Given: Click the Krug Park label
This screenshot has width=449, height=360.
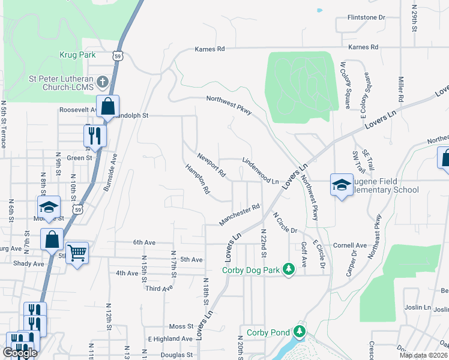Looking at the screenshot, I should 77,55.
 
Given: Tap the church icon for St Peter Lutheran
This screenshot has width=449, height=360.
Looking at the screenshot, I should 103,82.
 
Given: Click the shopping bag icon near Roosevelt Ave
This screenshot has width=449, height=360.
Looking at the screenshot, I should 107,106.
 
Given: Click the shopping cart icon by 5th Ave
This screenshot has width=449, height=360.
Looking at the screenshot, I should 77,253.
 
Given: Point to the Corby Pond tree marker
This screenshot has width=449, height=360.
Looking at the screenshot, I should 299,331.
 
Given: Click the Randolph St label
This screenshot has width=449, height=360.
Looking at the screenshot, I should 130,115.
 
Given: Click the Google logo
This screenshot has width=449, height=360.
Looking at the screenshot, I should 20,352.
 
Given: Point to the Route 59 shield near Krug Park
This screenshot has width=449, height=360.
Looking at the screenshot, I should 118,55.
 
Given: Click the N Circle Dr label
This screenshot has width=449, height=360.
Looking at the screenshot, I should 285,223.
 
